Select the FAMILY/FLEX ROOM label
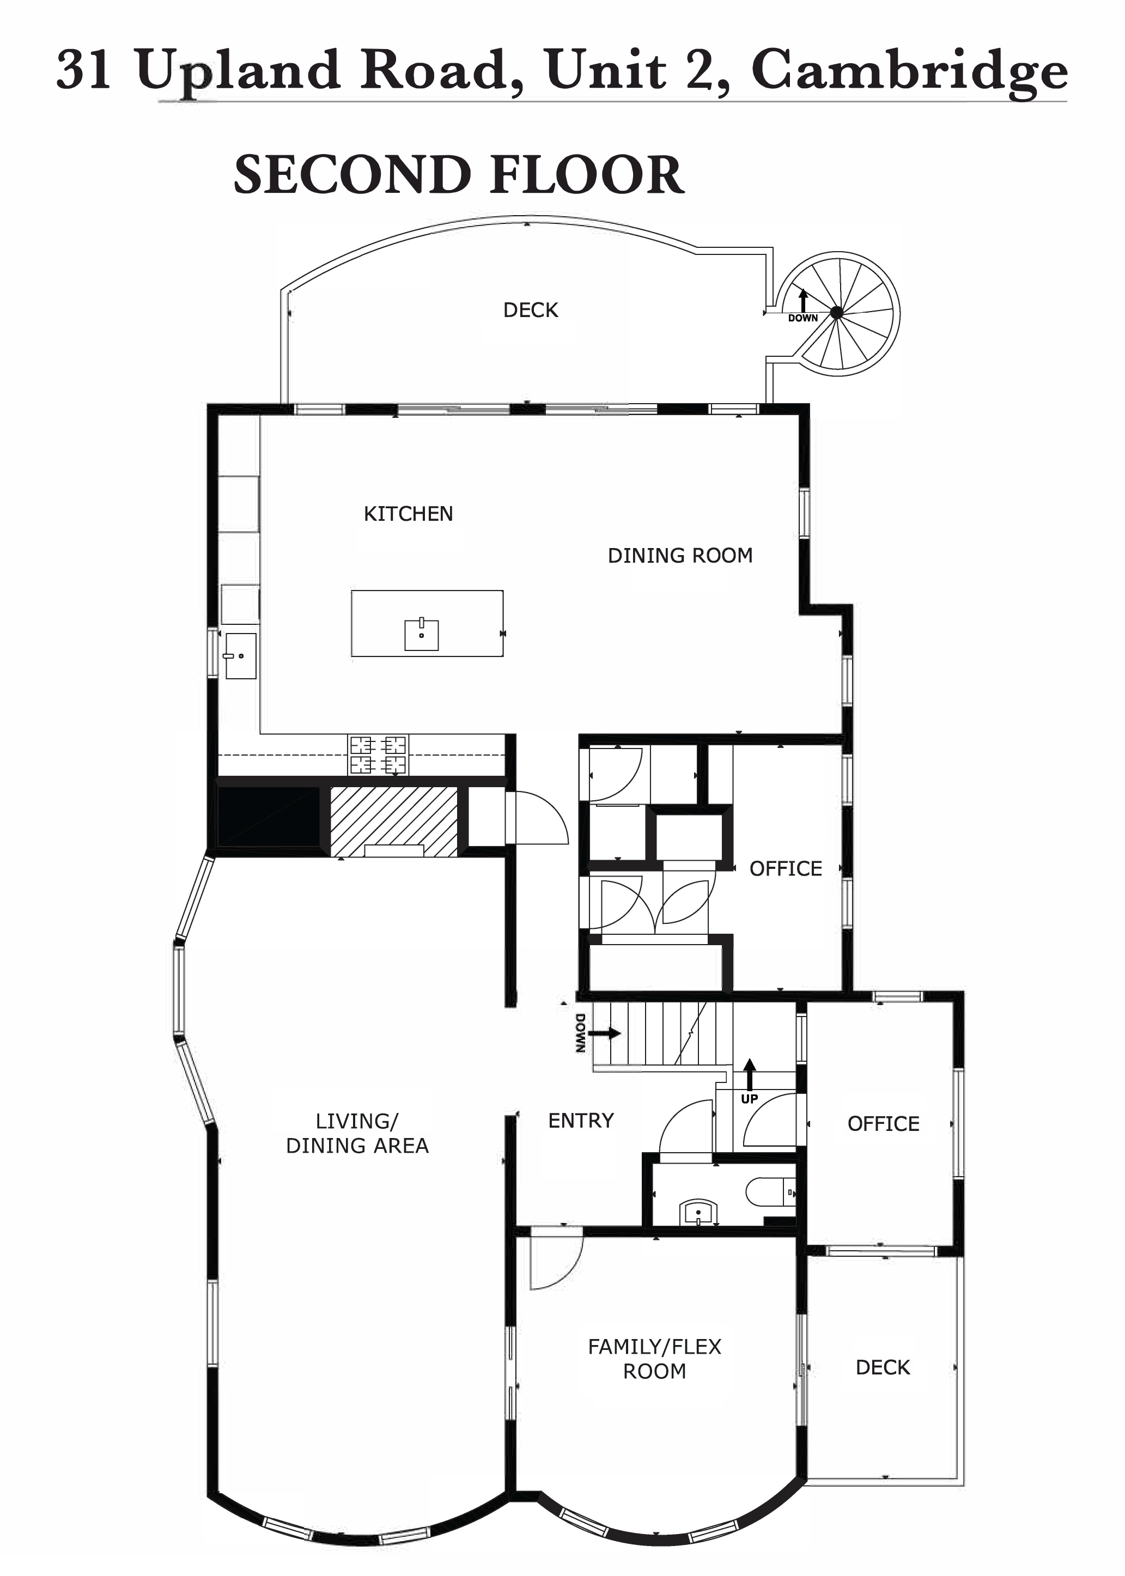655,1359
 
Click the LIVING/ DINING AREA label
357,1133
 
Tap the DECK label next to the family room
883,1367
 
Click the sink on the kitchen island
421,634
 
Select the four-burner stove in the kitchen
378,754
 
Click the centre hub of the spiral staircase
837,313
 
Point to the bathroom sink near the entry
698,1212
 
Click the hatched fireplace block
393,822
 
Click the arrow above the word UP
750,1074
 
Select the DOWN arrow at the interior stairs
604,1033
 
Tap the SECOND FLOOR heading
459,174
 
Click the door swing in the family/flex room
556,1263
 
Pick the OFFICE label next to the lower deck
883,1124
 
